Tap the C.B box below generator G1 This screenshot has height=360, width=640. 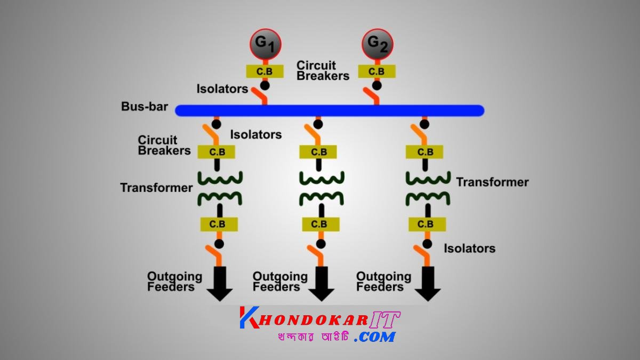pos(265,71)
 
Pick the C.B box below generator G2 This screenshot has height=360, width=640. pos(377,71)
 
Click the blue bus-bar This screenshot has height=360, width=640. pos(330,110)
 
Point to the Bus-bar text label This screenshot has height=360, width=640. pos(145,107)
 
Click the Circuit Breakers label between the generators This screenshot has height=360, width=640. pos(323,70)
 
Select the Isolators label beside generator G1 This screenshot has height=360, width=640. pos(222,89)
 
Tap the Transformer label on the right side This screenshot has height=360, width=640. pos(492,182)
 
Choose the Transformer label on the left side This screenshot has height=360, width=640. pos(156,188)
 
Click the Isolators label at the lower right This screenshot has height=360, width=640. pos(469,249)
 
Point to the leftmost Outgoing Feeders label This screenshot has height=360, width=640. pos(174,282)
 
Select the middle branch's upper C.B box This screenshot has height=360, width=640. pos(318,152)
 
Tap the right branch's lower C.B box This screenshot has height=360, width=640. pos(426,224)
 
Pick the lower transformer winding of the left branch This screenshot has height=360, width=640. pos(220,198)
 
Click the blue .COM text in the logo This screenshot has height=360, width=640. pos(375,337)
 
